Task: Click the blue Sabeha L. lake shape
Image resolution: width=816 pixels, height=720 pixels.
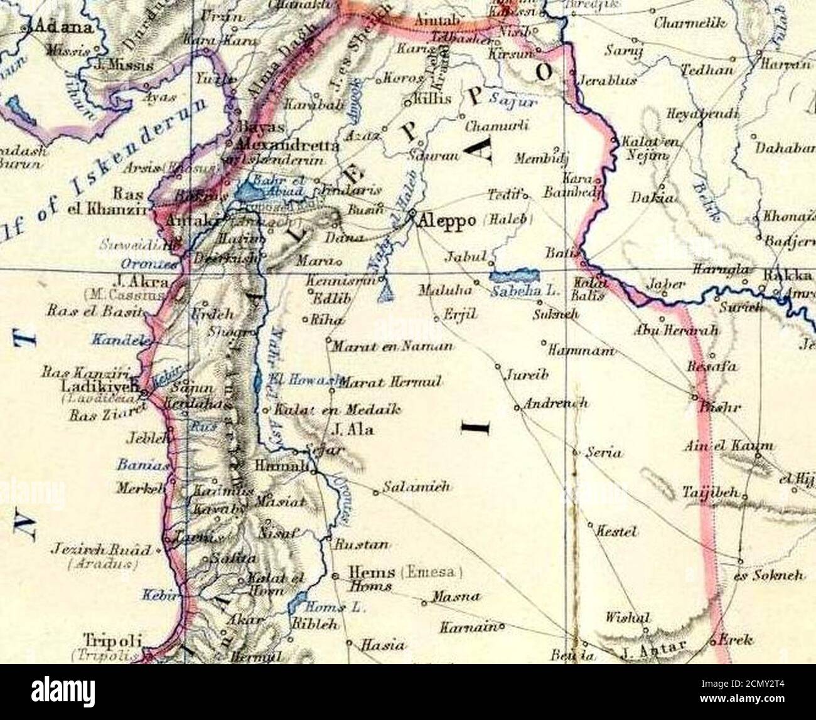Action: pos(515,276)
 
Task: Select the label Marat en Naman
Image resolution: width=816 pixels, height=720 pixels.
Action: pos(392,346)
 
